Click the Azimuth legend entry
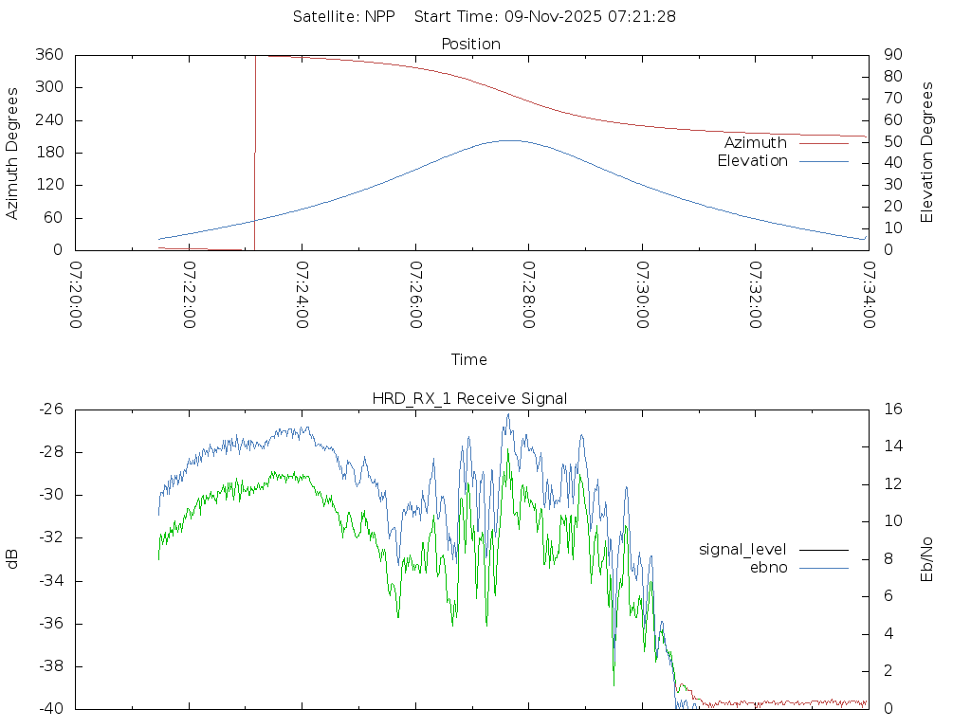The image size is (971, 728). pos(756,143)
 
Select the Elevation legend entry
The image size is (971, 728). pos(752,161)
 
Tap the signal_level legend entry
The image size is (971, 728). pos(742,549)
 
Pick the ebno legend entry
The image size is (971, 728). pos(768,567)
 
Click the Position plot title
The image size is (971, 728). pos(471,44)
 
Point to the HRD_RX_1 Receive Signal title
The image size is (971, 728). pos(469,398)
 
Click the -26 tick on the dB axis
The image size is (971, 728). pos(50,409)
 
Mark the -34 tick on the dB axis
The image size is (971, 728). pos(50,581)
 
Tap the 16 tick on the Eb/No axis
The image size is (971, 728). pos(892,409)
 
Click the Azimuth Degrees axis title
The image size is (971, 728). pos(12,153)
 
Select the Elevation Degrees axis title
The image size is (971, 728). pos(927,153)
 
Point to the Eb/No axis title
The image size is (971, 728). pos(927,559)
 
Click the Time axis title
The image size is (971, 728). pos(469,359)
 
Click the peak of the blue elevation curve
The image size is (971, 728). pos(509,140)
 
